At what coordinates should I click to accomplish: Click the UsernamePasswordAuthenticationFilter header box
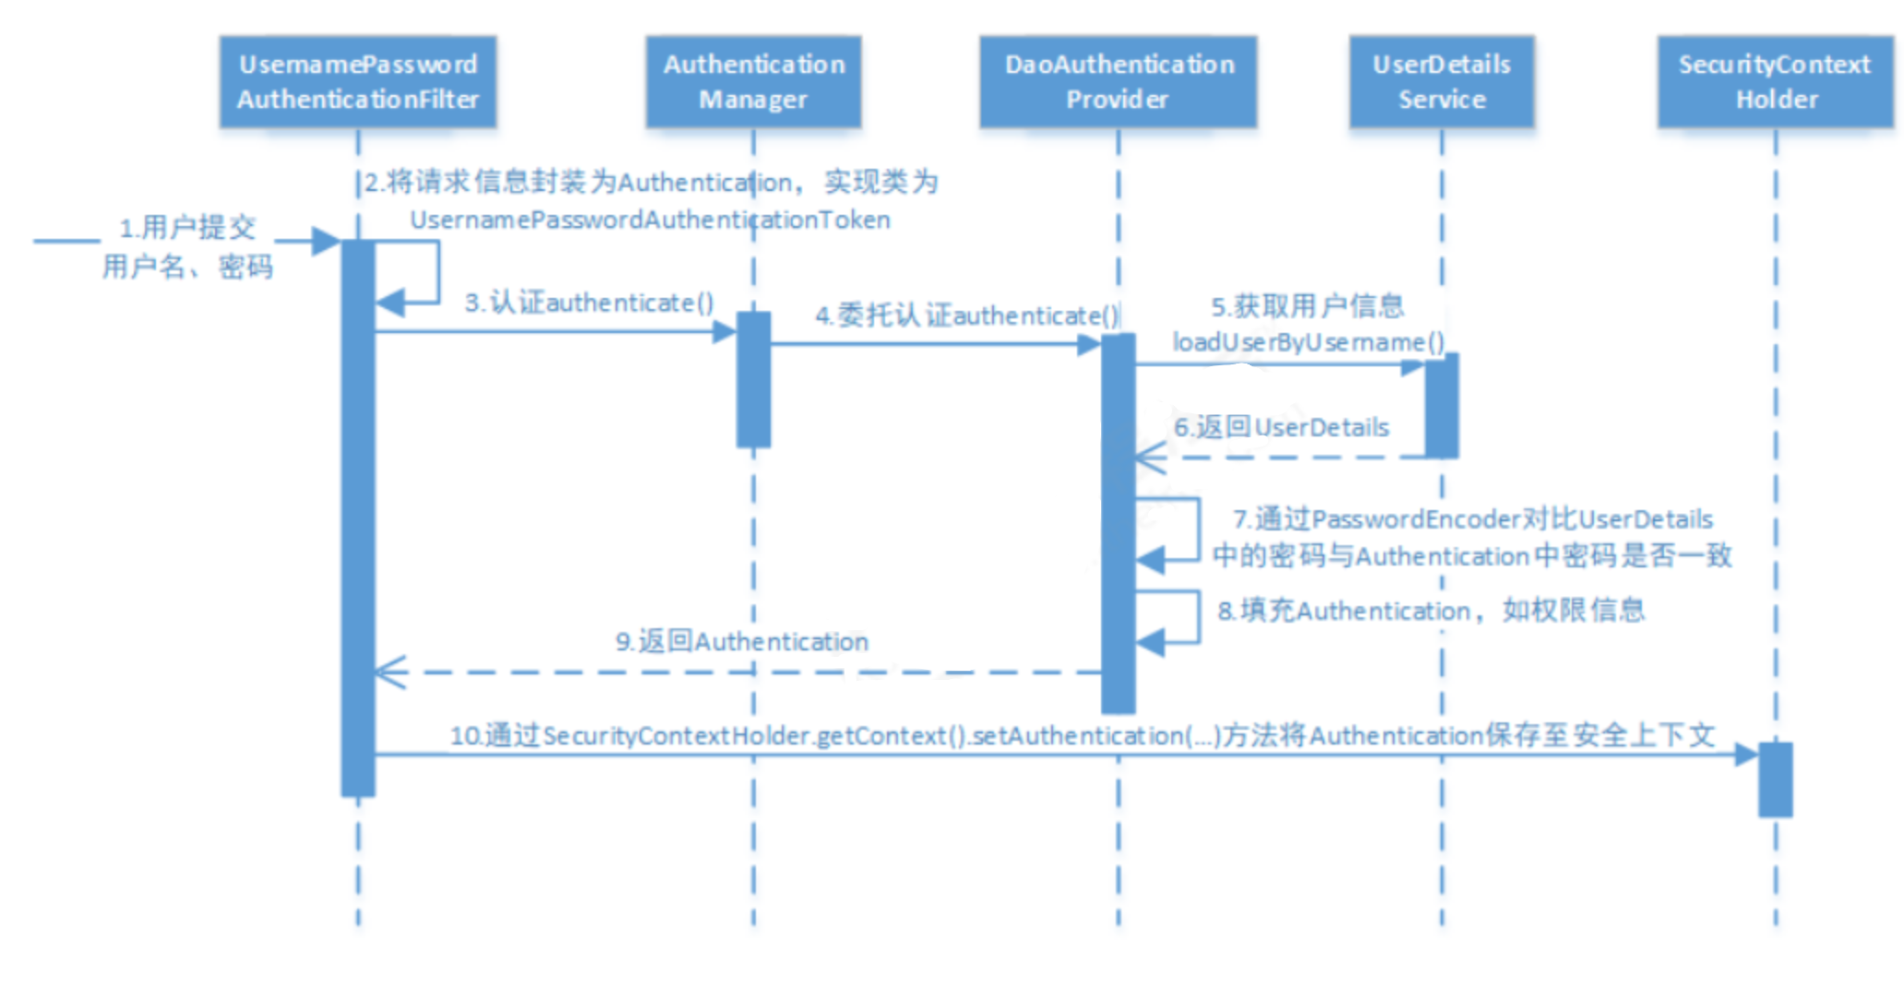click(x=358, y=81)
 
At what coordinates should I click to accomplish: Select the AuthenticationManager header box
click(x=753, y=81)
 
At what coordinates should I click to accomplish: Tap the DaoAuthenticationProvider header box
click(x=1118, y=81)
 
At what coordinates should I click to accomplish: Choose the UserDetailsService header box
click(x=1442, y=81)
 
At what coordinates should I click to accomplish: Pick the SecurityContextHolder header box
click(x=1775, y=81)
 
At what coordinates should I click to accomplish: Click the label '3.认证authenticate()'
click(x=589, y=303)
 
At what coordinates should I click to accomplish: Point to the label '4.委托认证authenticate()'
click(x=966, y=316)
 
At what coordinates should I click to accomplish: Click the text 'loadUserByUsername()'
click(x=1308, y=342)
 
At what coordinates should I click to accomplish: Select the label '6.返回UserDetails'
click(x=1281, y=427)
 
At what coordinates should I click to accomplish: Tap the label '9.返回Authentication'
click(x=742, y=641)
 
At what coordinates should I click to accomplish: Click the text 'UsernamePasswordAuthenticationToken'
click(x=650, y=220)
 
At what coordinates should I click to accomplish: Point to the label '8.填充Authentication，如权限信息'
click(x=1431, y=610)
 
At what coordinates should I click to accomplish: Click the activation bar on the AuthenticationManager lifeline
click(x=753, y=379)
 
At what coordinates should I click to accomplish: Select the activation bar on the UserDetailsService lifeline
click(x=1442, y=405)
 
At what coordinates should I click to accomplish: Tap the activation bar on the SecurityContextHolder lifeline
click(x=1775, y=780)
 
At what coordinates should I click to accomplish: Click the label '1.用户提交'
click(x=187, y=227)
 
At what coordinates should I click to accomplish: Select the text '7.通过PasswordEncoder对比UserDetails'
click(x=1472, y=518)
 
